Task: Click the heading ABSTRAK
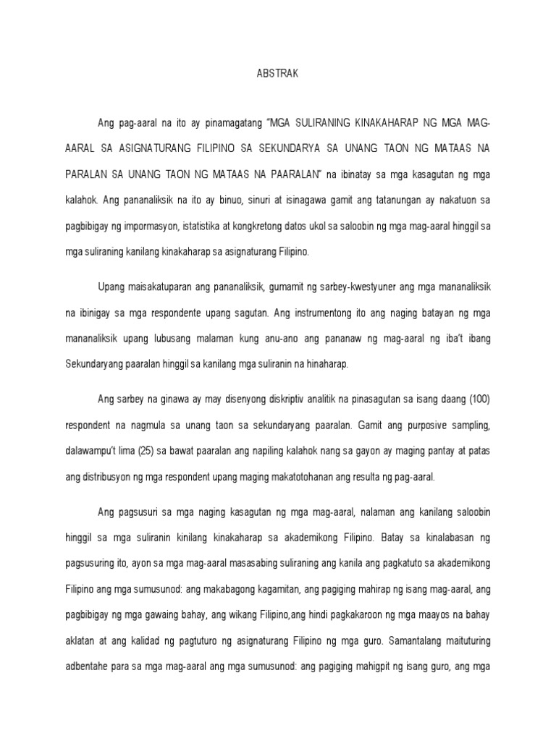[277, 73]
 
